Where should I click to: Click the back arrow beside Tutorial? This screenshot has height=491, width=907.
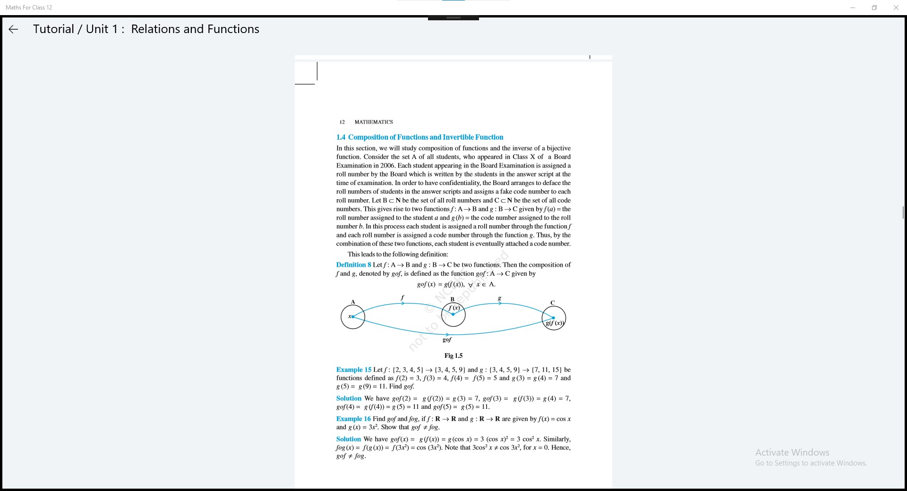pos(13,29)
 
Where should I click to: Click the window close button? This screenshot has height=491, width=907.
pos(896,8)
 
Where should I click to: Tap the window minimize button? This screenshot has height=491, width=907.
pos(853,8)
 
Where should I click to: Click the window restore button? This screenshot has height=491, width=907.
pos(874,8)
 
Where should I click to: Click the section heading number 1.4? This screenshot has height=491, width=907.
pos(341,137)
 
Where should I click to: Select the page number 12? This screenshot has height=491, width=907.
pos(342,122)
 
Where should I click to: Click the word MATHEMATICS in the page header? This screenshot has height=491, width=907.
pos(374,122)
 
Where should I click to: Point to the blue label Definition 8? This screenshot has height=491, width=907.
pos(353,265)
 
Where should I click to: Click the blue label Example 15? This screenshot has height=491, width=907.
pos(354,370)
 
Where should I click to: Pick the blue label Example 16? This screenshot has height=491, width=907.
pos(353,419)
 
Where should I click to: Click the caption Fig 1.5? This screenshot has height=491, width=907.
pos(453,356)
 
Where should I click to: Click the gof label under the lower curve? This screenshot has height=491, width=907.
pos(447,339)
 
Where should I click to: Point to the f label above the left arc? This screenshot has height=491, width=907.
pos(402,297)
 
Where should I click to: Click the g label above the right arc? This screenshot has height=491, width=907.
pos(499,298)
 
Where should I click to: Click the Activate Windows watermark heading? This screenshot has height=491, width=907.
pos(792,452)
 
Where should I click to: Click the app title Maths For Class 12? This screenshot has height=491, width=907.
pos(29,8)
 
